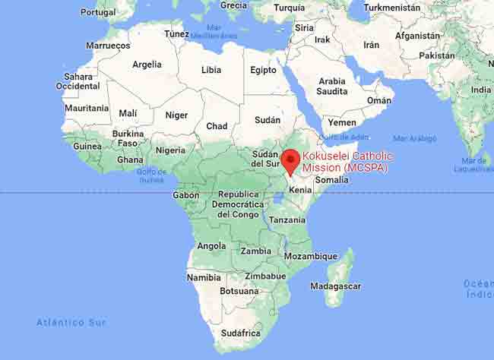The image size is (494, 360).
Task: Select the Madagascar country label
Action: (x=335, y=286)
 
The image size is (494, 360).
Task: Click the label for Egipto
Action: (x=263, y=70)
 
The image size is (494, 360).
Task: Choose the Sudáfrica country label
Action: (x=240, y=333)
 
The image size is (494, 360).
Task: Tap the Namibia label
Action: (x=204, y=278)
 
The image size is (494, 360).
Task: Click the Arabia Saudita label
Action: (x=332, y=87)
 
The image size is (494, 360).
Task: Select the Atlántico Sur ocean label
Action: (x=71, y=323)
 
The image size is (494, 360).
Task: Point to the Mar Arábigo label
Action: (x=415, y=138)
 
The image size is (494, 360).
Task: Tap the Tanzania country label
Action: (x=287, y=219)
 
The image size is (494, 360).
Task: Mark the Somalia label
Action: (x=331, y=180)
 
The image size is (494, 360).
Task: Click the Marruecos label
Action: (x=108, y=46)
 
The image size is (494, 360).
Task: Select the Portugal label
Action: (x=98, y=12)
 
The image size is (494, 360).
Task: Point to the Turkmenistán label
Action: (x=391, y=8)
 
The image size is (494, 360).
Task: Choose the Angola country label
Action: (x=211, y=246)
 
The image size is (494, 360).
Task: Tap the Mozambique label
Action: (x=310, y=257)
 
